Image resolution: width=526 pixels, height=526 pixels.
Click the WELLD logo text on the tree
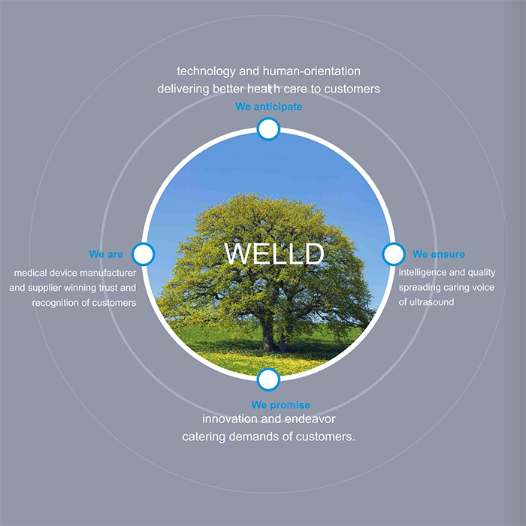point(274,253)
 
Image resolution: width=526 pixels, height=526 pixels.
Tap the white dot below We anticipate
point(268,128)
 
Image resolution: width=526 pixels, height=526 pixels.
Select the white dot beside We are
point(144,254)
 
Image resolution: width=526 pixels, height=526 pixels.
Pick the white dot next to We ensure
point(394,254)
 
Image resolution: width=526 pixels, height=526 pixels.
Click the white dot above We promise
point(268,379)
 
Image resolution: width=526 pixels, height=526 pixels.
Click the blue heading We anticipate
point(269,107)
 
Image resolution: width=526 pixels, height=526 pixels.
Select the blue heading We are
point(106,254)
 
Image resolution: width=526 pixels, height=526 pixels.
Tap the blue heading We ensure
point(438,254)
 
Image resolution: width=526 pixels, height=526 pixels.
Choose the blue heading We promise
point(281,405)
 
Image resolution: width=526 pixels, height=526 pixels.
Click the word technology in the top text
point(206,72)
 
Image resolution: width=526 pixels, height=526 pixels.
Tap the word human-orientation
point(312,71)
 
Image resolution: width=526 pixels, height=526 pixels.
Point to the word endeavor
point(310,419)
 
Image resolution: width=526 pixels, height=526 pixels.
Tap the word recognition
point(56,304)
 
